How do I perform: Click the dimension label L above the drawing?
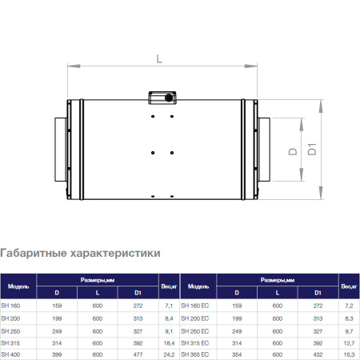tap(160, 58)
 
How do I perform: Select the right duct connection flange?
tap(263, 150)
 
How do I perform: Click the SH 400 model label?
tap(11, 354)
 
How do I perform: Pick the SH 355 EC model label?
tap(195, 354)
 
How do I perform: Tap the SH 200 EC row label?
tap(195, 318)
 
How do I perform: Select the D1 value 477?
tap(138, 354)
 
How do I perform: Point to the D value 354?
tap(235, 354)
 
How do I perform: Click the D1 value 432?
tap(318, 354)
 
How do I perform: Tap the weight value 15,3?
tap(348, 354)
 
